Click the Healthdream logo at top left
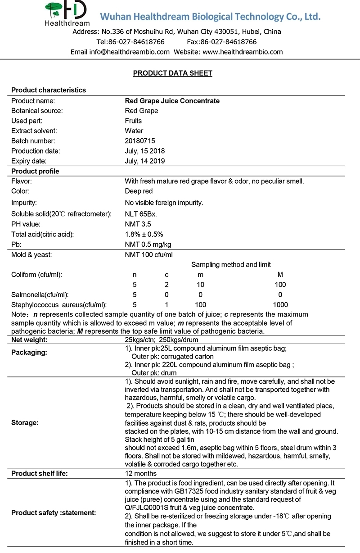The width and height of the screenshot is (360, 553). click(x=67, y=13)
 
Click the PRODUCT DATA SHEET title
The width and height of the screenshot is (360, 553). click(x=173, y=73)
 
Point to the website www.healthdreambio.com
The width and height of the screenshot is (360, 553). click(x=243, y=52)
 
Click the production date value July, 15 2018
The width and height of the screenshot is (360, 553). click(x=145, y=151)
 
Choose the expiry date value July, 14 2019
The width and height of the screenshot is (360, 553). click(x=145, y=161)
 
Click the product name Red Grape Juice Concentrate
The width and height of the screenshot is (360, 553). click(x=172, y=101)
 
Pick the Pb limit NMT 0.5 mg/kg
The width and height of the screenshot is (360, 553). click(x=148, y=245)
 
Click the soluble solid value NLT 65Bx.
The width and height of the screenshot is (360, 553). click(x=141, y=213)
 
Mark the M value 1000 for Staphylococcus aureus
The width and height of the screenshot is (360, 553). click(x=280, y=304)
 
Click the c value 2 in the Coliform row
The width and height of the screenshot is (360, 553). click(x=166, y=285)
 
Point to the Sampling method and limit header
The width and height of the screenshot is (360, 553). click(x=231, y=265)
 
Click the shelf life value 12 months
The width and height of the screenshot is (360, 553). click(x=141, y=473)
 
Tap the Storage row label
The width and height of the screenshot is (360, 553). click(x=25, y=423)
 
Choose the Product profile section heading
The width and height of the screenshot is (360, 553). click(x=35, y=171)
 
